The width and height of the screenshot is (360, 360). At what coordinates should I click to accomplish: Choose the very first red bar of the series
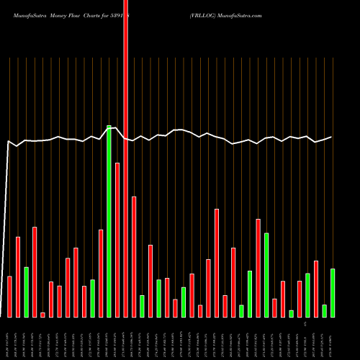[x=9, y=297]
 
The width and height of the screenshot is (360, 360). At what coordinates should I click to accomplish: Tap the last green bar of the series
[x=333, y=293]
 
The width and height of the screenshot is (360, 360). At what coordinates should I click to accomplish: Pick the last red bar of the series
[x=316, y=289]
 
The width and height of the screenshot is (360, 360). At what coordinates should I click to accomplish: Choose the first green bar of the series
[x=26, y=292]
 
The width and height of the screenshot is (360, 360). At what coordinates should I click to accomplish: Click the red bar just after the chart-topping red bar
[x=134, y=256]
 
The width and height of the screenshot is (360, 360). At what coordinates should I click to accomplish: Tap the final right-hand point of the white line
[x=332, y=137]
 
